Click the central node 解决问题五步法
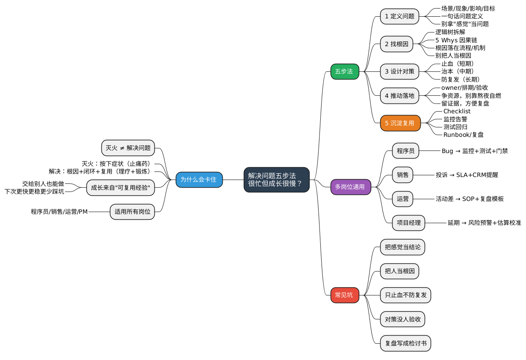(276, 180)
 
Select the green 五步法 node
(344, 71)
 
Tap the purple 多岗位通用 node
(350, 187)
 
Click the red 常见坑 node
(344, 295)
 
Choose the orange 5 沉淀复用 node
(400, 123)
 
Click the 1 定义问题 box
(399, 16)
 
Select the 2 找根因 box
(396, 44)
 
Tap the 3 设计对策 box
(399, 71)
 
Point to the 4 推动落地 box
(399, 95)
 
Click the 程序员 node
(405, 150)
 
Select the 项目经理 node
(408, 223)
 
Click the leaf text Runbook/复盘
(463, 135)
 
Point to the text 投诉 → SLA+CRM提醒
(467, 175)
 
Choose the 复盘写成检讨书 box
(405, 343)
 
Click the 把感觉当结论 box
(402, 247)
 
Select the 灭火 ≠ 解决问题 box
(128, 148)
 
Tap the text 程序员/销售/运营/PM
(59, 212)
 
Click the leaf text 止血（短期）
(458, 64)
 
